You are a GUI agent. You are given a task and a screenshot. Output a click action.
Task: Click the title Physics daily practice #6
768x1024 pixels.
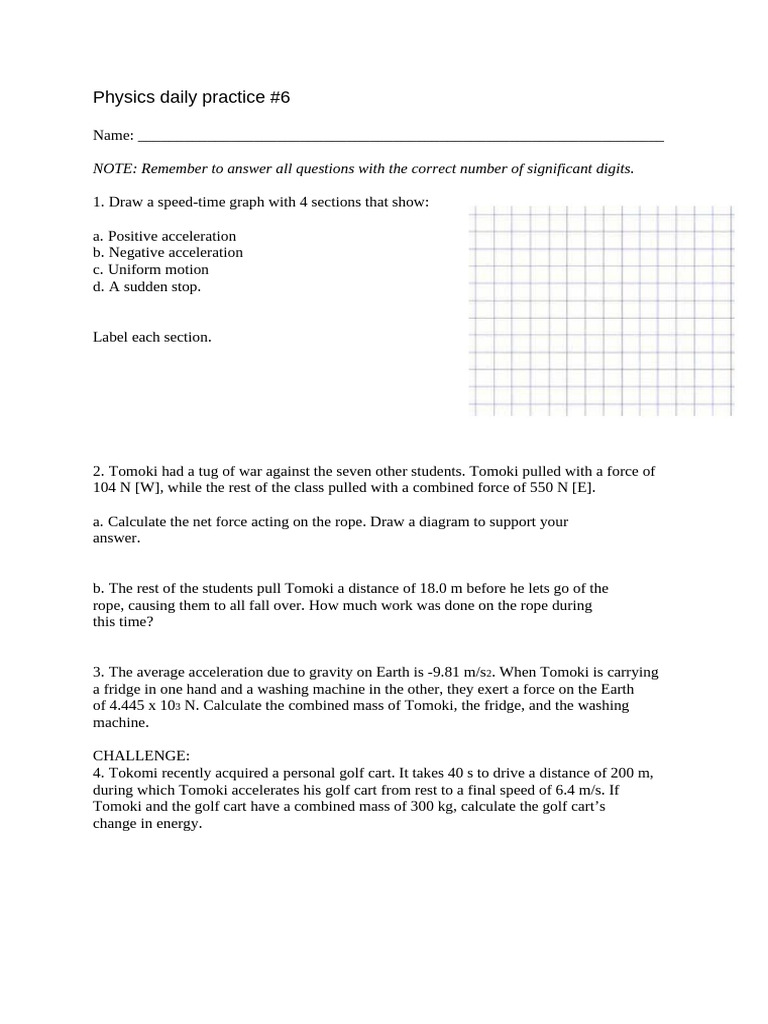point(190,98)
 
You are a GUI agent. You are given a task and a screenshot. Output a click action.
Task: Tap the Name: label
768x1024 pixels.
point(113,135)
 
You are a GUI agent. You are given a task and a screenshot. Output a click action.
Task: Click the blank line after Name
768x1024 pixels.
point(400,137)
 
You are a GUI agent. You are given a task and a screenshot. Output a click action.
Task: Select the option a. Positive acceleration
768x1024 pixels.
point(165,236)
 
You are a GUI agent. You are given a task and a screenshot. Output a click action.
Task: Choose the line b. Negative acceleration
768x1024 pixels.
point(168,253)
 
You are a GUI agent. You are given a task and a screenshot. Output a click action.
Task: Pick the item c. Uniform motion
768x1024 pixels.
point(151,270)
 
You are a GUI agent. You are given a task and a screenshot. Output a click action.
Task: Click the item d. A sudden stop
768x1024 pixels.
point(147,287)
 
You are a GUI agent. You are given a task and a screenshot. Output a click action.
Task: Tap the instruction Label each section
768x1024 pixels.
point(152,337)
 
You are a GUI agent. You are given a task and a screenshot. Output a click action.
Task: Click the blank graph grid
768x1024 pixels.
point(601,311)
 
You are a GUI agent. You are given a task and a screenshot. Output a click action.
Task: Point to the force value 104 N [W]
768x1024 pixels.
point(130,488)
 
